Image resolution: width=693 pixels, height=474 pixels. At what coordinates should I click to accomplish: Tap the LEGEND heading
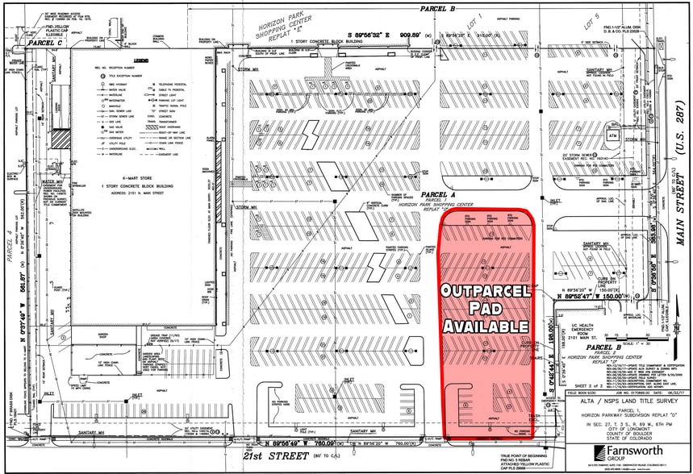141,60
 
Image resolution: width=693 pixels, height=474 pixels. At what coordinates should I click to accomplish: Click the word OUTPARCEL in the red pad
484,290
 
